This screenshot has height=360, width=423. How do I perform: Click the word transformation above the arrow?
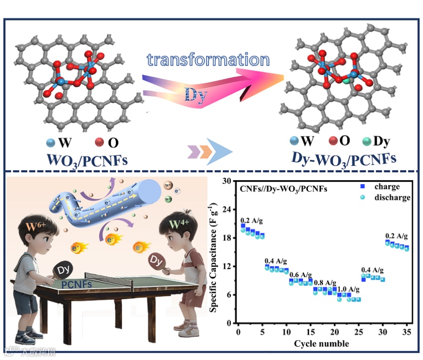pos(208,60)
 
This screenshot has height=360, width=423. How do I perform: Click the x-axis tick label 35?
pos(407,331)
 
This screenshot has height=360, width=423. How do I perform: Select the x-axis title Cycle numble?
pos(321,343)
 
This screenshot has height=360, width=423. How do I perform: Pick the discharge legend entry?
pos(394,197)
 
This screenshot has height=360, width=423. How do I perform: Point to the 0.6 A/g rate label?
pos(301,275)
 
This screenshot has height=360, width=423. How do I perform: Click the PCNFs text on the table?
pos(76,284)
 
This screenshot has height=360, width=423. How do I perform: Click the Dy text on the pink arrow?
pos(195,95)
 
